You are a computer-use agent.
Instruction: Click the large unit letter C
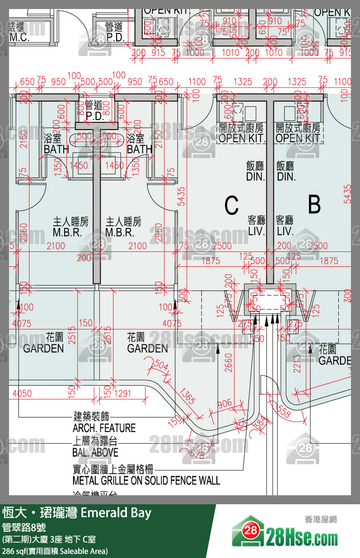coord(231,205)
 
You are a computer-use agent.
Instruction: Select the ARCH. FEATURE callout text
coord(104,427)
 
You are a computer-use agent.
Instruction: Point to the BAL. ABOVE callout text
coord(95,452)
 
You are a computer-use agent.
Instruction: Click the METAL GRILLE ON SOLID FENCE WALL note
coord(146,480)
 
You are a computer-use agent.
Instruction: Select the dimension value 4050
coord(22,394)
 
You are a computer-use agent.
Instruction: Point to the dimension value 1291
coord(122,394)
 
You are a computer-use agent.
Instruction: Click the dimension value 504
coord(161,364)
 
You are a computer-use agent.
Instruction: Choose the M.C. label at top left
coord(19,37)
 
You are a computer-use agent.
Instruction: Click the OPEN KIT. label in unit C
coord(241,138)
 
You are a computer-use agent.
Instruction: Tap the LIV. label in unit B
coord(285,232)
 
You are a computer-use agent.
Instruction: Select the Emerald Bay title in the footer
coord(116,513)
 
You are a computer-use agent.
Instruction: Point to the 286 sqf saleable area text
coord(55,551)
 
